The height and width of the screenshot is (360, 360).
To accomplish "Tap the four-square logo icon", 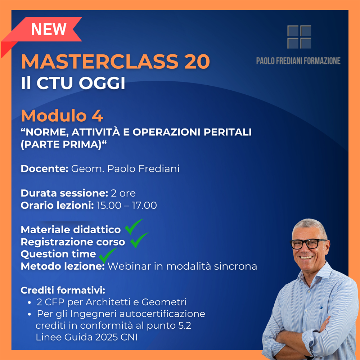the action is click(299, 37).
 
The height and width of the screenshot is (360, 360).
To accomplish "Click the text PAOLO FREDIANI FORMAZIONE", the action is click(298, 61).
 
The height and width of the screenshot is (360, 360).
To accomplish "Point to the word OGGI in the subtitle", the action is click(102, 83).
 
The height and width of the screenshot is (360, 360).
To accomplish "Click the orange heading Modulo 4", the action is click(62, 116).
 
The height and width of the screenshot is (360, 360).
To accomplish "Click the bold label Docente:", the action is click(45, 169).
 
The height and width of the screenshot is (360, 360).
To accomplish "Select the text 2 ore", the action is click(123, 193).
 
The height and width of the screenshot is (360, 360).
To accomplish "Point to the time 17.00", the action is click(144, 205).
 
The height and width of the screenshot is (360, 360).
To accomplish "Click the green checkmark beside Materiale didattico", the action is click(134, 226).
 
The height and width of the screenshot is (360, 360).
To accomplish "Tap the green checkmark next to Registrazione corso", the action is click(139, 240).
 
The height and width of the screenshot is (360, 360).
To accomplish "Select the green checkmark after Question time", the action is click(107, 255).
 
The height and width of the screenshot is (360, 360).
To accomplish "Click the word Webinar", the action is click(129, 266).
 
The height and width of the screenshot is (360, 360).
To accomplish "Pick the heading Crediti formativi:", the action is click(63, 291).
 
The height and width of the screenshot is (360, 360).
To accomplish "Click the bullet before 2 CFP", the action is click(30, 303).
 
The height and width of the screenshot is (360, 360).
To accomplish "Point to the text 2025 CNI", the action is click(116, 337).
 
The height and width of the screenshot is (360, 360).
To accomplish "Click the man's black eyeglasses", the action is click(309, 244).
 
